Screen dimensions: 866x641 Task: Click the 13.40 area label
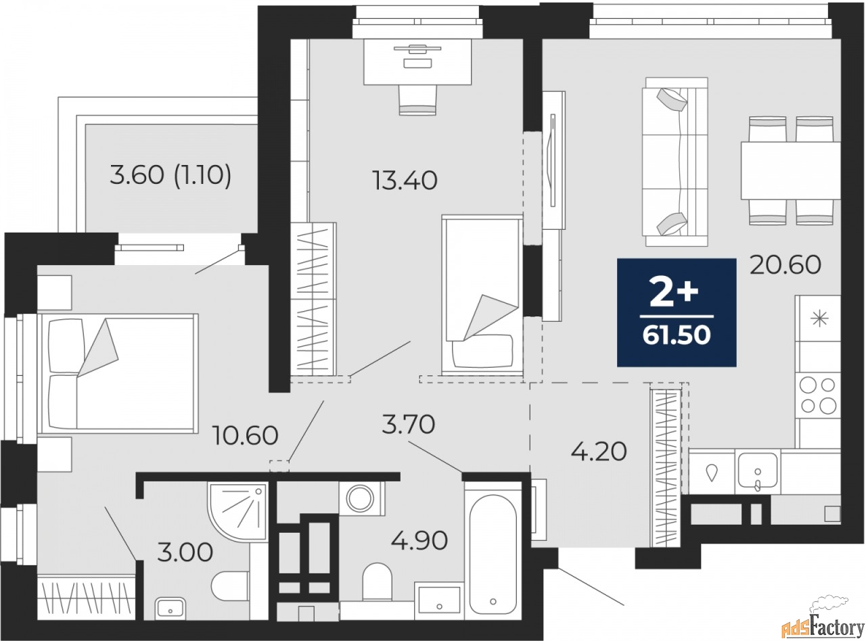pyautogui.click(x=405, y=181)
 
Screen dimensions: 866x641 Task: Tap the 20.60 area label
pyautogui.click(x=785, y=265)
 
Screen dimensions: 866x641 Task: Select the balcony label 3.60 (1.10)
pyautogui.click(x=170, y=175)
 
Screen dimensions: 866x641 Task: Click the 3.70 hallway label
pyautogui.click(x=409, y=425)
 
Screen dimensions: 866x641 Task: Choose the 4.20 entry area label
pyautogui.click(x=599, y=452)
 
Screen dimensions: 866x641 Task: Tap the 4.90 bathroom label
pyautogui.click(x=419, y=541)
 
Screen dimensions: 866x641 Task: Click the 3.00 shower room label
pyautogui.click(x=185, y=552)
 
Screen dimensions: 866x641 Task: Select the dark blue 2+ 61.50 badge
pyautogui.click(x=677, y=312)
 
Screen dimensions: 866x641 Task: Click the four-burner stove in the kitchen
pyautogui.click(x=817, y=396)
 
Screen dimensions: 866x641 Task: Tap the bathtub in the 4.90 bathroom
pyautogui.click(x=493, y=555)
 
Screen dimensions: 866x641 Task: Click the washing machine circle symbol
pyautogui.click(x=360, y=498)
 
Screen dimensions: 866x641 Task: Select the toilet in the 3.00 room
pyautogui.click(x=229, y=586)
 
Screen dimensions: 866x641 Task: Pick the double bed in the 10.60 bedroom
pyautogui.click(x=118, y=373)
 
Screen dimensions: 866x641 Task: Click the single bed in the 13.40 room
pyautogui.click(x=482, y=295)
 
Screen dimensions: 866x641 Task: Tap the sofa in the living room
pyautogui.click(x=675, y=162)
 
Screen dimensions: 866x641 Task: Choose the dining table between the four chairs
pyautogui.click(x=791, y=170)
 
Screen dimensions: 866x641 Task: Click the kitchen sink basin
pyautogui.click(x=758, y=471)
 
